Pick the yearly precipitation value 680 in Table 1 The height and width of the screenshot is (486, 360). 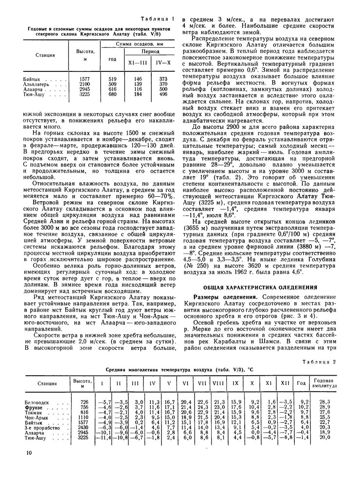point(112,94)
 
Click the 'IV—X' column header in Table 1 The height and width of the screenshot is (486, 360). point(163,63)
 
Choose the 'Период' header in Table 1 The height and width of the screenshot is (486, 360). point(150,51)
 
